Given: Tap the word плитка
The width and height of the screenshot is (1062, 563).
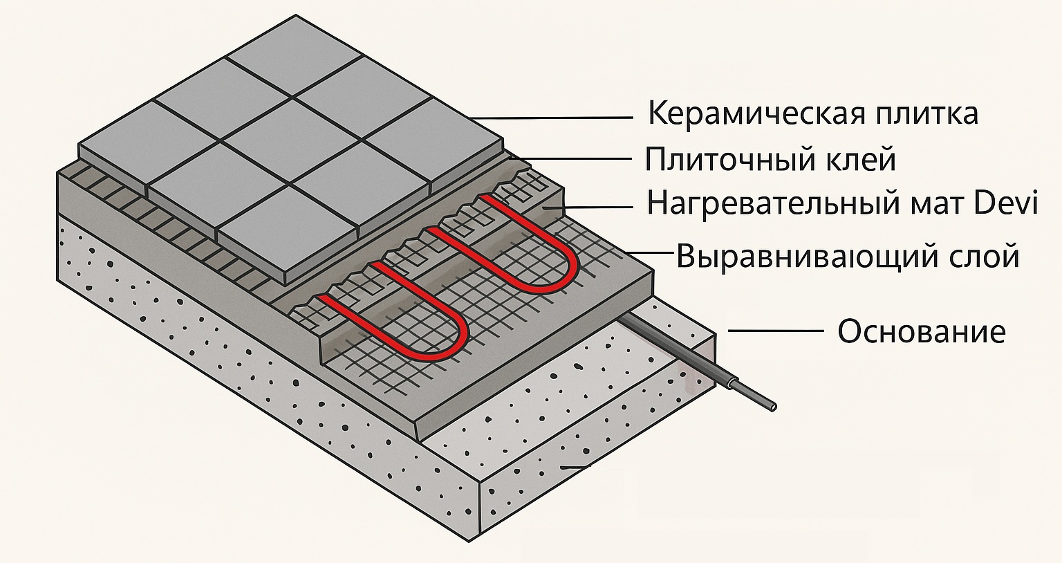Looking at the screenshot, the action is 926,114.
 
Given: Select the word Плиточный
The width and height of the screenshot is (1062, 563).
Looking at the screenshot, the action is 727,160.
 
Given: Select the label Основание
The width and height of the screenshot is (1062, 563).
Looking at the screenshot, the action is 922,331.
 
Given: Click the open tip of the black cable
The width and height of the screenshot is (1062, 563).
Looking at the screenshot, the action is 773,407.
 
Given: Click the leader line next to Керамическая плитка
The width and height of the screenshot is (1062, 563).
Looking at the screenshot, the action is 551,117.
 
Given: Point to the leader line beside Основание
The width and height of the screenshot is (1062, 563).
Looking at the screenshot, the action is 776,331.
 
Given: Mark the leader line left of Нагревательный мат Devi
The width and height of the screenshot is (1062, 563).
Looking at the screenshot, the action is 588,207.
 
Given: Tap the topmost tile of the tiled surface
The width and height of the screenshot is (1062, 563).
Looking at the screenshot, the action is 294,55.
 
